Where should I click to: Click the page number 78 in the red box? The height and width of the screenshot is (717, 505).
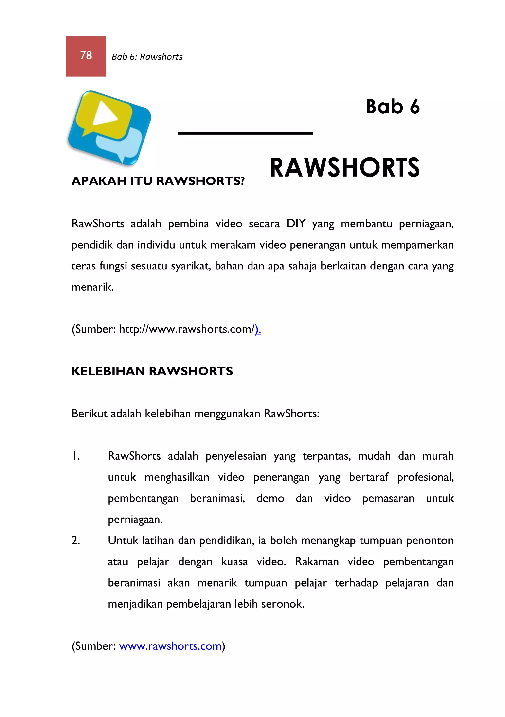[86, 55]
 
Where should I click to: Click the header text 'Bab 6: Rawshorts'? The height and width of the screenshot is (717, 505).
[147, 57]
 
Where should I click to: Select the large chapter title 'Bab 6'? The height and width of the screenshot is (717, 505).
[392, 107]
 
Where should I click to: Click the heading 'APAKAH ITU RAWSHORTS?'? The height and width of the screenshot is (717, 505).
[158, 181]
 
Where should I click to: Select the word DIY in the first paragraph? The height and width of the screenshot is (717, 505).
[295, 224]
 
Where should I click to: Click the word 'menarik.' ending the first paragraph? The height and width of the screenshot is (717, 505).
[92, 287]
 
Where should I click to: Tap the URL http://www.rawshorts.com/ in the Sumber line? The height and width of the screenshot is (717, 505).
[186, 329]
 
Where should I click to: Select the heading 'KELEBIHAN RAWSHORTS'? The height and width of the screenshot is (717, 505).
[152, 371]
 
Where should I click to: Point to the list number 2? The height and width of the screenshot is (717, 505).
[76, 540]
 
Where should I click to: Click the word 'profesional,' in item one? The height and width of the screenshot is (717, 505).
[425, 477]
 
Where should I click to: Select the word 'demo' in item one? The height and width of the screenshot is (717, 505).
[270, 498]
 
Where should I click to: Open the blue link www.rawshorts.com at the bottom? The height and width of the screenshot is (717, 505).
[170, 646]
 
